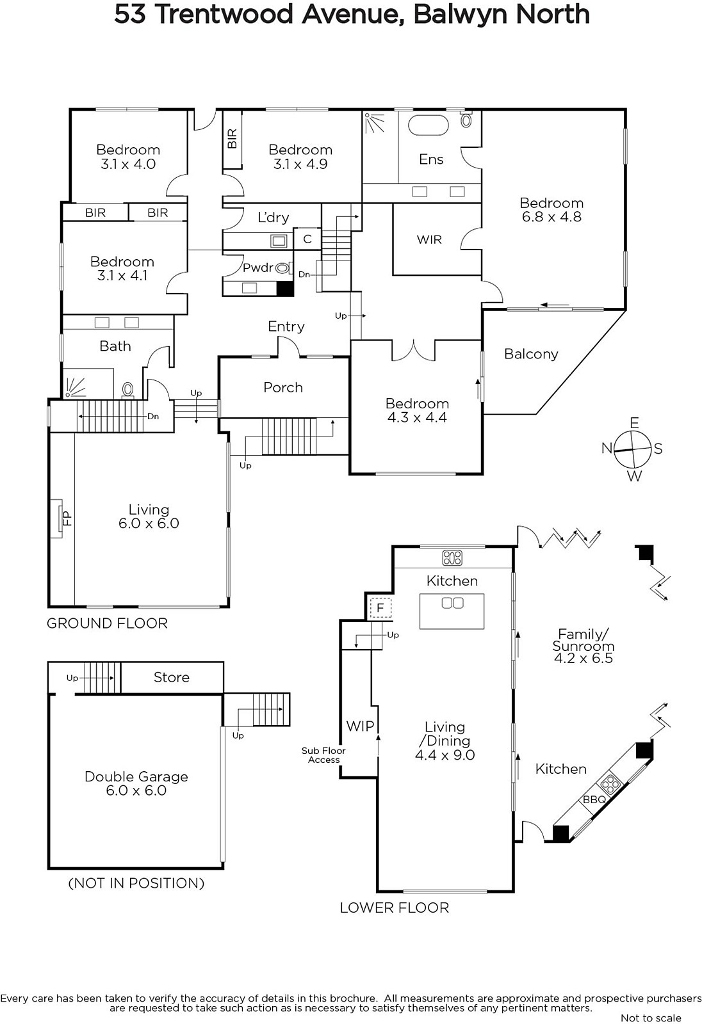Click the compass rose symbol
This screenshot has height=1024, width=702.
[x=632, y=449]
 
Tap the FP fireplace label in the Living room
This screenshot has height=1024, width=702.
[x=67, y=518]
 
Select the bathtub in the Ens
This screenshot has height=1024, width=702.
[x=428, y=125]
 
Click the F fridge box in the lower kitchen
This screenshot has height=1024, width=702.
[x=380, y=609]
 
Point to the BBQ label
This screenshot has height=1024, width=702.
[x=594, y=799]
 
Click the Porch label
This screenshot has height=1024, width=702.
[x=283, y=388]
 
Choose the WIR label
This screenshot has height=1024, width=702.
[x=429, y=239]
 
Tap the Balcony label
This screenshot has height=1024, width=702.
[x=531, y=355]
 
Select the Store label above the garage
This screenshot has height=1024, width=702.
[x=171, y=677]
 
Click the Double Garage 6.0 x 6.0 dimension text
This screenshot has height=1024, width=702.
[x=136, y=790]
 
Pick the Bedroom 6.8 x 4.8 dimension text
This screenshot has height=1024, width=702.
[x=551, y=217]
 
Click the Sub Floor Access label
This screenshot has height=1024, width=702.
[x=323, y=755]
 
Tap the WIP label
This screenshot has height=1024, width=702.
[x=360, y=726]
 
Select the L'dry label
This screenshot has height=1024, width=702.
[x=273, y=217]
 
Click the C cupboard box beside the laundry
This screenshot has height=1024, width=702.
[x=307, y=239]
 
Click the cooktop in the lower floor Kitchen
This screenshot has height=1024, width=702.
[x=452, y=557]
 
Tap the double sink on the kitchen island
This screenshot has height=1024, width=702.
[x=452, y=603]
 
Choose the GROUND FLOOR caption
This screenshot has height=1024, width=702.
[x=107, y=623]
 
